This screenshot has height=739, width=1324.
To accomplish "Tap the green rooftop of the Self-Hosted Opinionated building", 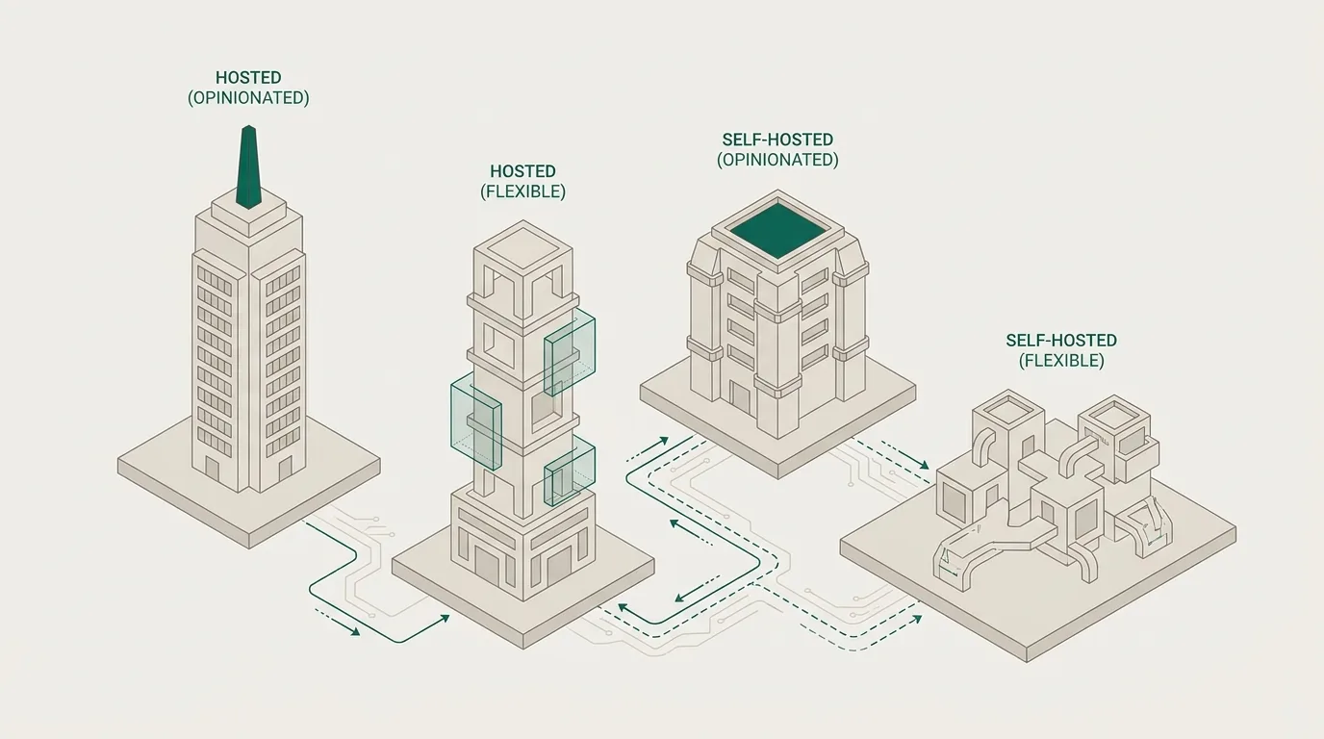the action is click(x=777, y=231).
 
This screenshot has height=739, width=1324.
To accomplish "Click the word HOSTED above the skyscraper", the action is click(x=248, y=77).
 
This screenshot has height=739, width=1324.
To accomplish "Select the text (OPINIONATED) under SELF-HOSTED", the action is click(x=777, y=160).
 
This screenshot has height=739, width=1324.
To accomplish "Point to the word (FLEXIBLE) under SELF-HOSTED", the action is click(x=1061, y=361).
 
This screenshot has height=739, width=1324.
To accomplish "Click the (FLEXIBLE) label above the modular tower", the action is click(x=523, y=191).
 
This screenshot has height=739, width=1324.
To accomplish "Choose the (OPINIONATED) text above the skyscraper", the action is click(x=248, y=97).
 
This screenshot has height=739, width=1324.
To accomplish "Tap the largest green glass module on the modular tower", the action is click(x=476, y=420).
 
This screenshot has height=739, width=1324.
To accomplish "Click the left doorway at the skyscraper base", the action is click(x=213, y=471).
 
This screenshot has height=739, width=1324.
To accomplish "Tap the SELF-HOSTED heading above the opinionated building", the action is click(x=777, y=140).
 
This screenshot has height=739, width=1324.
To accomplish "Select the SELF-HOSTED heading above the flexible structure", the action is click(x=1061, y=341).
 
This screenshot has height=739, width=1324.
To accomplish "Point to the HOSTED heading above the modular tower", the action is click(x=523, y=171).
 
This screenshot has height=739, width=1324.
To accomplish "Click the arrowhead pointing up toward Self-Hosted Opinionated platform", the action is click(x=663, y=441).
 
